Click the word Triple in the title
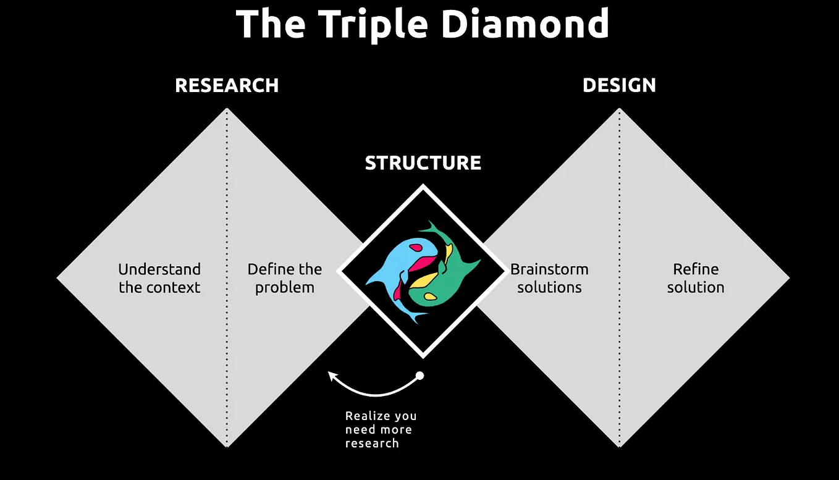pos(374,25)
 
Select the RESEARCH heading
pos(227,85)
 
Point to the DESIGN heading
pos(619,85)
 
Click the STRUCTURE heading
pos(423,163)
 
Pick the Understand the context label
pos(159,278)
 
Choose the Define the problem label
pos(285,278)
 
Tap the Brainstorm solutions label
pos(549,278)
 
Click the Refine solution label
pos(696,278)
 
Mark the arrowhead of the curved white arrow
pos(332,375)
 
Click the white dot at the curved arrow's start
pos(419,376)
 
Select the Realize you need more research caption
pos(381,429)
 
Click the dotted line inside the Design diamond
pos(619,371)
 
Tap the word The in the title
pos(271,25)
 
